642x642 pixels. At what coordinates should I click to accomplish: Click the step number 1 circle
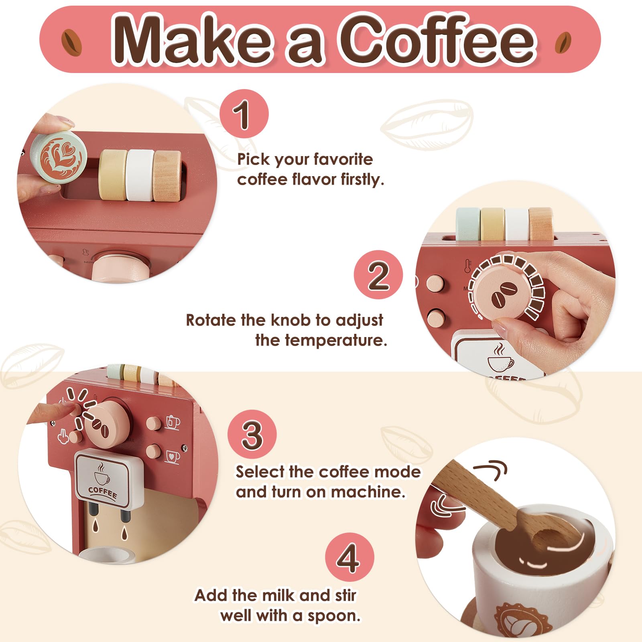point(244,114)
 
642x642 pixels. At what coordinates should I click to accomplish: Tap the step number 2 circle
point(378,275)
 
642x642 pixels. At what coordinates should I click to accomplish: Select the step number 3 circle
point(252,434)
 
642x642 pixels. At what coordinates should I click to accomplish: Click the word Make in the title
point(193,40)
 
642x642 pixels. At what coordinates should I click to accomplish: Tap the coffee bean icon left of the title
point(72,43)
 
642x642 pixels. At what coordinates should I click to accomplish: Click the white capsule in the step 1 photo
point(140,175)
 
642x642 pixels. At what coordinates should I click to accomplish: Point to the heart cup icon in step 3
point(173,456)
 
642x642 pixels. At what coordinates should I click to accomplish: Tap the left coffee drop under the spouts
point(95,526)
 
